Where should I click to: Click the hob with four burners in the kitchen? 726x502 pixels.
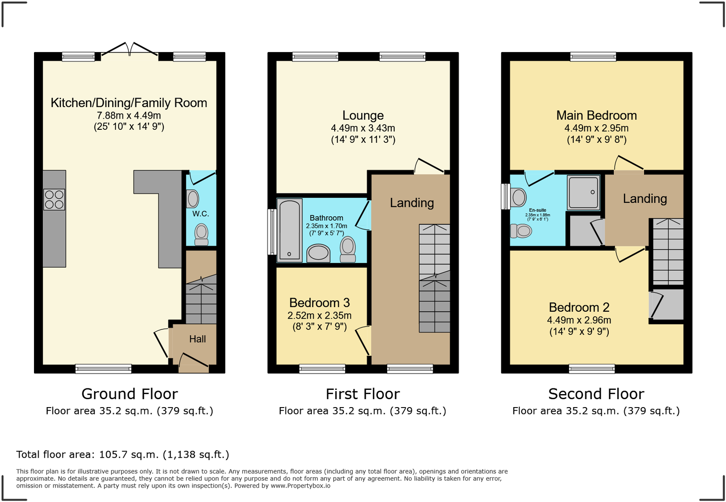[x=54, y=199]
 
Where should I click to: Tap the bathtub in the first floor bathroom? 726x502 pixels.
[x=289, y=230]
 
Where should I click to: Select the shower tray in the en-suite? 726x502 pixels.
[x=583, y=192]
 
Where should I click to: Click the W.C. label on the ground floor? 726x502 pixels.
[x=201, y=214]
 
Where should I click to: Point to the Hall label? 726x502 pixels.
[x=197, y=339]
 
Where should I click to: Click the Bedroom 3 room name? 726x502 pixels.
[x=319, y=303]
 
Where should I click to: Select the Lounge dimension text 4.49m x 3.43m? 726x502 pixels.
[x=363, y=128]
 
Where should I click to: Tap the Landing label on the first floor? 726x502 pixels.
[x=412, y=203]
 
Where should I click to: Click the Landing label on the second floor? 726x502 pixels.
[x=645, y=199]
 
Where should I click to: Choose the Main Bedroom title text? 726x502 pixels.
[x=596, y=115]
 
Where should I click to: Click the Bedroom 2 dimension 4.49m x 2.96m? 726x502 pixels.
[x=579, y=320]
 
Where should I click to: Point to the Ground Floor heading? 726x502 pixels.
[x=129, y=394]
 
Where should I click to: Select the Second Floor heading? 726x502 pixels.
[x=596, y=394]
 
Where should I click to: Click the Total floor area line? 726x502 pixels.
[x=123, y=455]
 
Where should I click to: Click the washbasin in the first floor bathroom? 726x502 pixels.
[x=318, y=253]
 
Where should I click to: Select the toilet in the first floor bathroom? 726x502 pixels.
[x=348, y=249]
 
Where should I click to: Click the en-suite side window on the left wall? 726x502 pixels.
[x=505, y=197]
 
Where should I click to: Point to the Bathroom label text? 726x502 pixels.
[x=326, y=218]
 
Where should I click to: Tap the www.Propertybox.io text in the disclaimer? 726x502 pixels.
[x=301, y=486]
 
